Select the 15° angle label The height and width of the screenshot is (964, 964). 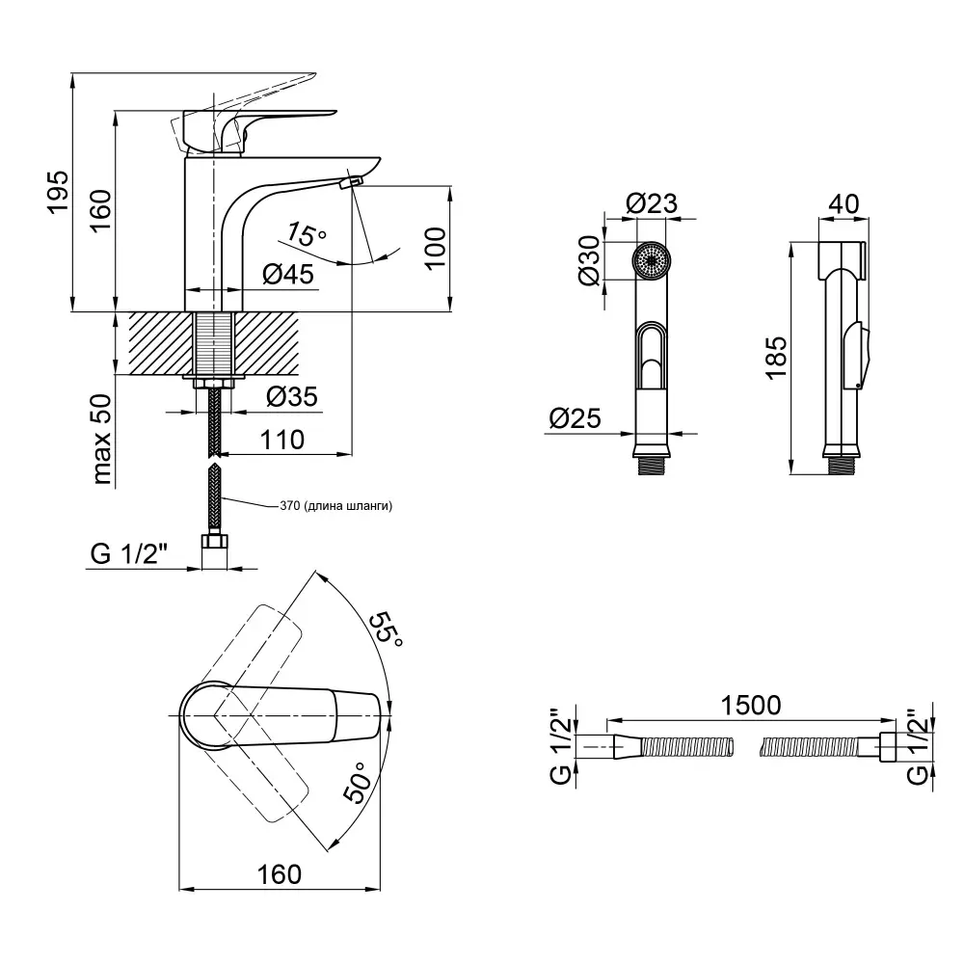click(x=307, y=234)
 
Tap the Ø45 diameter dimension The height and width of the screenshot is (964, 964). click(x=288, y=275)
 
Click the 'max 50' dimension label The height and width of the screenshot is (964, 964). click(x=104, y=441)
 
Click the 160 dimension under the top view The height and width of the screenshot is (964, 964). click(x=281, y=873)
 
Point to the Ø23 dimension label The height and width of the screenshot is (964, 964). click(x=651, y=203)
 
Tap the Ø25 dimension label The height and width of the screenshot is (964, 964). click(x=575, y=418)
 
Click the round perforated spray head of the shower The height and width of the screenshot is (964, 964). click(x=654, y=261)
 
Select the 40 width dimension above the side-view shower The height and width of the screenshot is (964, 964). click(x=843, y=203)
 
